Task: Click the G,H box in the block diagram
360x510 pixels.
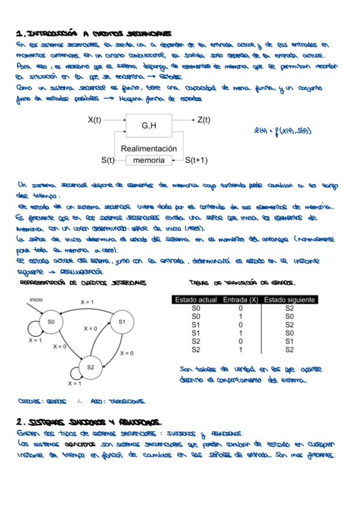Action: point(148,126)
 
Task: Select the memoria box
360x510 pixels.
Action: point(148,161)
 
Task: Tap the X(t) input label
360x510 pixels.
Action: point(94,120)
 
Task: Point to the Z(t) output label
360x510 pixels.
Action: point(204,120)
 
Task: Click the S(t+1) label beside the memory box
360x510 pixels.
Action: point(196,161)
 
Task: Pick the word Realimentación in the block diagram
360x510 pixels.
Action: point(148,148)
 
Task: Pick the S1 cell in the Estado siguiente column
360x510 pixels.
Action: point(289,340)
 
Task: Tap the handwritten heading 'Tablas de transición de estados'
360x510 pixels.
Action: point(245,282)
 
